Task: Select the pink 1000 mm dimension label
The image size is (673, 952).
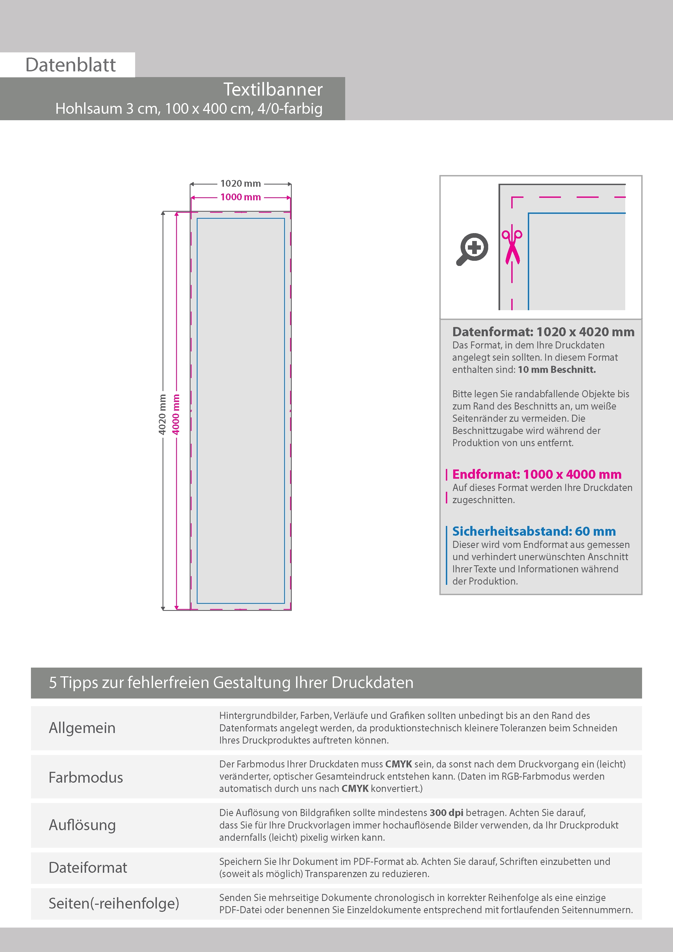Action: [240, 197]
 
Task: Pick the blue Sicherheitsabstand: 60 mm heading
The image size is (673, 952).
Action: [534, 531]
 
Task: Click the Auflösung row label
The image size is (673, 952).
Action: [82, 825]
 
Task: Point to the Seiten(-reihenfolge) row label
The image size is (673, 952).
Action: [114, 903]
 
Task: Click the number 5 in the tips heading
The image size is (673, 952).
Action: [53, 683]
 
